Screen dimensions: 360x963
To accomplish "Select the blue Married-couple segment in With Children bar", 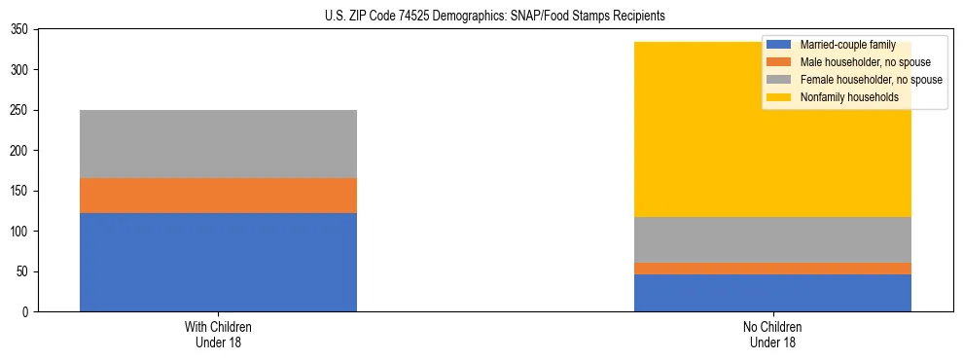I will point(218,262).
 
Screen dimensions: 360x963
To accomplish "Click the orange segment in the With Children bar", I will point(218,196).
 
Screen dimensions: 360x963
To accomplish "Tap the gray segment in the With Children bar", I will point(218,144).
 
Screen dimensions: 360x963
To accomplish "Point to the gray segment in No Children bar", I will point(772,239).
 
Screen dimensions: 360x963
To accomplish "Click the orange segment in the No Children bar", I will point(772,269).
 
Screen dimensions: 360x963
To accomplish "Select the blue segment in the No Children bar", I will point(772,293).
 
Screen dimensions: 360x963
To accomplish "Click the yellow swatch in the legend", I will point(779,97).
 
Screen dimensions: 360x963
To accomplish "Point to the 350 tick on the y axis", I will point(25,30).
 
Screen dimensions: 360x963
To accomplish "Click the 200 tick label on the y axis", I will point(25,151).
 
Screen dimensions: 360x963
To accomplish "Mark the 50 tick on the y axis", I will point(28,271).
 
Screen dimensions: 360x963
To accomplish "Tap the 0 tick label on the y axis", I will point(31,311).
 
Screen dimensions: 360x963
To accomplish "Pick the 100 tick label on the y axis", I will point(25,232).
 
